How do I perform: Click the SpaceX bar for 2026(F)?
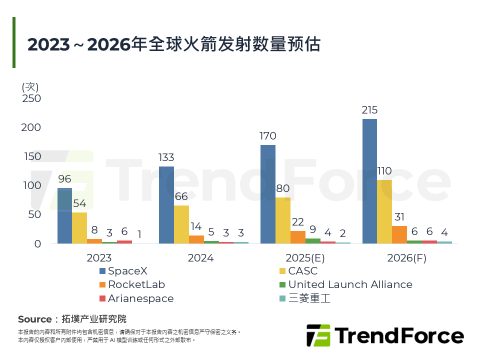tap(369, 181)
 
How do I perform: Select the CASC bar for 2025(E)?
tap(283, 220)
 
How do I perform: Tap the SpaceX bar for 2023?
tap(64, 215)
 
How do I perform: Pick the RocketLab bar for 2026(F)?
tap(399, 234)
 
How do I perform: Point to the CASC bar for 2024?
tap(181, 224)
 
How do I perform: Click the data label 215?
tap(369, 110)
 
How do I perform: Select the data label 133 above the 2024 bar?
tap(166, 158)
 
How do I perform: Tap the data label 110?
tap(384, 171)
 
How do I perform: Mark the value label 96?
tap(64, 179)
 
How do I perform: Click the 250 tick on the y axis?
tap(31, 98)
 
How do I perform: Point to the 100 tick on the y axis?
tap(31, 185)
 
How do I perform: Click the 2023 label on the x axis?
tap(98, 258)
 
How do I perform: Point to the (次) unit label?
tap(30, 86)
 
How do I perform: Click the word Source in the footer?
tap(34, 319)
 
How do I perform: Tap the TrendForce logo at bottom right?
tap(385, 335)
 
